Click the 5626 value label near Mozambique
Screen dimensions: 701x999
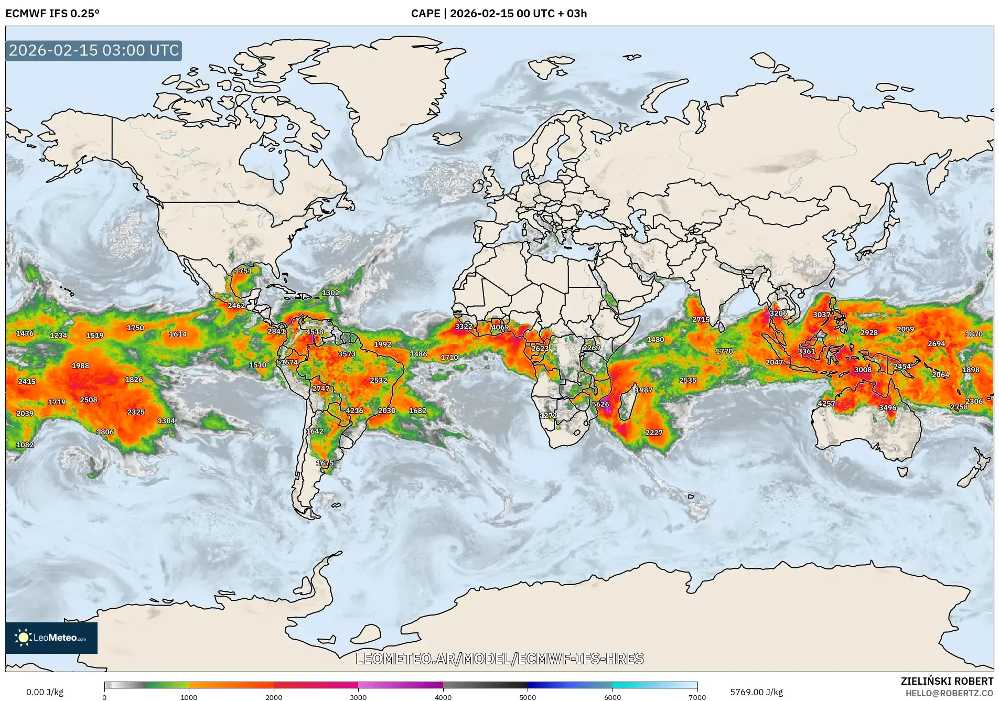600,404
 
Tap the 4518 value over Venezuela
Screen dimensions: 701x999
315,332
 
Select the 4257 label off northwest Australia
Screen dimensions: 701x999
826,403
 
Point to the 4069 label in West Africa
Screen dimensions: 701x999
500,327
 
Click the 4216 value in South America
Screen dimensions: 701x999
355,411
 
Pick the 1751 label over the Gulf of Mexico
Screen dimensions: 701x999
243,271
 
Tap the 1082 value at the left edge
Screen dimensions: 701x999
25,445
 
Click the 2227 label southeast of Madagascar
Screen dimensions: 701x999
654,433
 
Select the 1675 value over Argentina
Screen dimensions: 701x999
325,463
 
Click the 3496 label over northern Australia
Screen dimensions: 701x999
888,407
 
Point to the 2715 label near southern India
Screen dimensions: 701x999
701,319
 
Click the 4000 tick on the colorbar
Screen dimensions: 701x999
443,697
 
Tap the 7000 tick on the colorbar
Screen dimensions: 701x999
697,697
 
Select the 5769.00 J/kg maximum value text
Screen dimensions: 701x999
756,692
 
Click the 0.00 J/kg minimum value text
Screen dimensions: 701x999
45,692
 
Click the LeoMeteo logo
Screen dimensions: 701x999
51,638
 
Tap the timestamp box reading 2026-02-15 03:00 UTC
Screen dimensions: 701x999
94,50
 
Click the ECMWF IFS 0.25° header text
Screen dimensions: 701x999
52,14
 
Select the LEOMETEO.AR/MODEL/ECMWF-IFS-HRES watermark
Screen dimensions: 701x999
499,659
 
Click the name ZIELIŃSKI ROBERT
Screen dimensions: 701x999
947,681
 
